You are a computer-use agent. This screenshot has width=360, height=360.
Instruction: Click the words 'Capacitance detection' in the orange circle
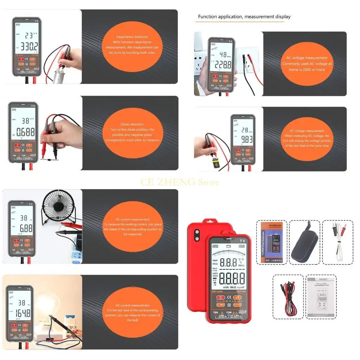pos(132,37)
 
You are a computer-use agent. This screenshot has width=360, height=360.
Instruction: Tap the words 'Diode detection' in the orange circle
pos(132,124)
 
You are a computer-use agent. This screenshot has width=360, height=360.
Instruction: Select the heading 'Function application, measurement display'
pos(244,17)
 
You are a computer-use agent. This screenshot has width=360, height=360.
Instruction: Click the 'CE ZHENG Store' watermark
pos(180,182)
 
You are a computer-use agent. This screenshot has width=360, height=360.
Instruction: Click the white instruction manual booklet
pos(321,297)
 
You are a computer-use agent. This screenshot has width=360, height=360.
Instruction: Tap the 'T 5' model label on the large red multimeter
pos(242,241)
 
